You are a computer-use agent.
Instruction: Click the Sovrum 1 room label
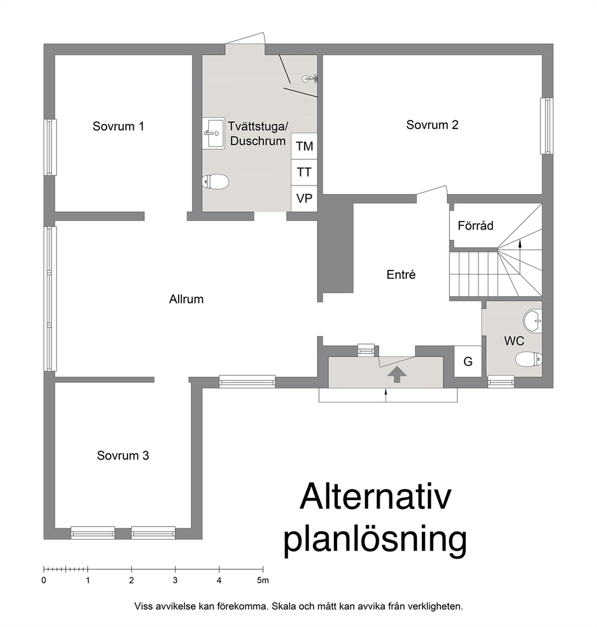[118, 126]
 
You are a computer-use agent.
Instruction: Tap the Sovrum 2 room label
[432, 125]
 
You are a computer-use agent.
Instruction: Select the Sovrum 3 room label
[123, 455]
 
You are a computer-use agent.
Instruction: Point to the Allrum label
[186, 299]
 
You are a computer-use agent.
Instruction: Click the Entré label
[401, 275]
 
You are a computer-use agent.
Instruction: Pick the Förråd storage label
[475, 225]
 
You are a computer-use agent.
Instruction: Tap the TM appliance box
[304, 146]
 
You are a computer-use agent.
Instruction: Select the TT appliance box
[304, 172]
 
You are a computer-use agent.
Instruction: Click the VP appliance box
[304, 198]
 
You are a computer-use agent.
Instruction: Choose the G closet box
[468, 361]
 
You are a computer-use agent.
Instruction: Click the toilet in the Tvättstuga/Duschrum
[215, 182]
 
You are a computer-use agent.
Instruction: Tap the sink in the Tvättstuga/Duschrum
[214, 133]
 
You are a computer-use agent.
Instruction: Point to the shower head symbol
[310, 78]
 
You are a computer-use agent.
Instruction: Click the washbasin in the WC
[532, 320]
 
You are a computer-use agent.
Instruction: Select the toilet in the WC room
[528, 359]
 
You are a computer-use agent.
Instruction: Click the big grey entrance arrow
[397, 375]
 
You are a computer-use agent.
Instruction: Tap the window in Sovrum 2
[546, 126]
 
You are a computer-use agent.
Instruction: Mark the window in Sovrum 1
[49, 147]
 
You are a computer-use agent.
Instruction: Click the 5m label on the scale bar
[263, 581]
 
